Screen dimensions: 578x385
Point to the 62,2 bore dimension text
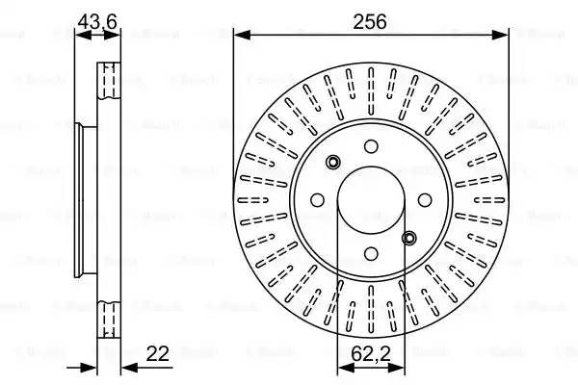pyautogui.click(x=370, y=353)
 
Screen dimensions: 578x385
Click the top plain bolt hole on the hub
pyautogui.click(x=371, y=146)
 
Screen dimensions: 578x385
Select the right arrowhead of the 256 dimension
pyautogui.click(x=502, y=35)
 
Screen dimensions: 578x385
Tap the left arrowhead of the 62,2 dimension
pyautogui.click(x=342, y=368)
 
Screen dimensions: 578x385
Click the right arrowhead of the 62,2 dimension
pyautogui.click(x=400, y=368)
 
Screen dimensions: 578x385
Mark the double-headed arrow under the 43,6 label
pyautogui.click(x=99, y=35)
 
